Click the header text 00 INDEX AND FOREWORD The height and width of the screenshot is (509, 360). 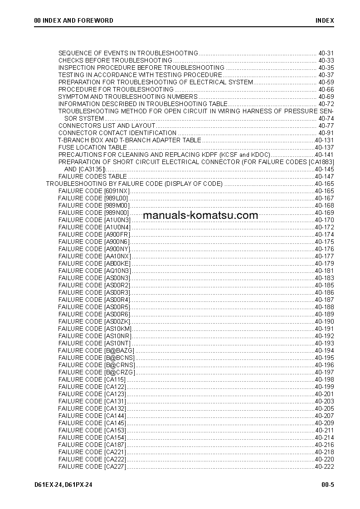tap(73, 20)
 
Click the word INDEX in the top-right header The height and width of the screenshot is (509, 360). tap(325, 20)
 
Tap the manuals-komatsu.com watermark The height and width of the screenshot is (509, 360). tap(200, 216)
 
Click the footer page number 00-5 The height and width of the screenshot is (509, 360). tap(328, 485)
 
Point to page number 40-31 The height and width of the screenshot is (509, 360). tap(326, 53)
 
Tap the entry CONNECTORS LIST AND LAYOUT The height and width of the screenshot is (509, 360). tap(107, 126)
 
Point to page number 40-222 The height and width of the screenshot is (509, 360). tap(324, 466)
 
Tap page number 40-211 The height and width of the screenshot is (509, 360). tap(324, 430)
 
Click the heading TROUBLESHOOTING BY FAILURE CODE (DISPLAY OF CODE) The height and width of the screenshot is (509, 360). tap(134, 184)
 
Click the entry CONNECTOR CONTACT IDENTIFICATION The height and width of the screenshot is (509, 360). tap(117, 133)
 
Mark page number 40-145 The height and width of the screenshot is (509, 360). tap(324, 169)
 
